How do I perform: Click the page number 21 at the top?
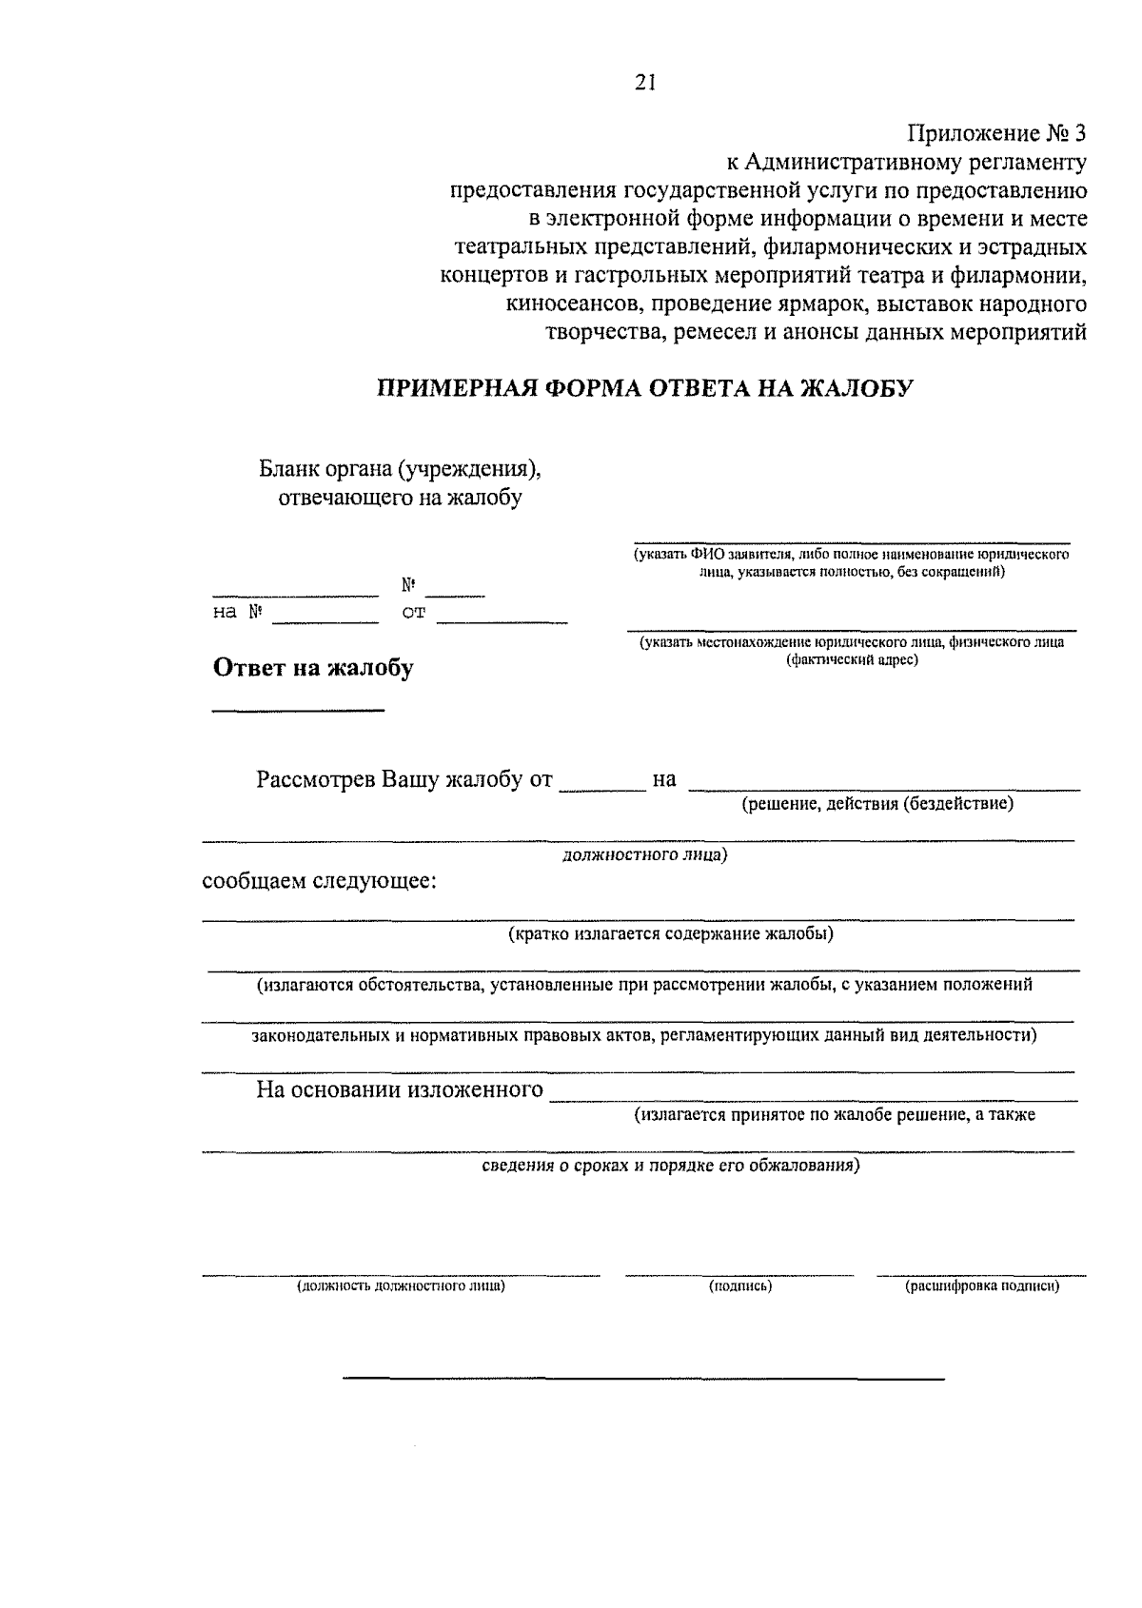[645, 84]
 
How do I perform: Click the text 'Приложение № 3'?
[995, 133]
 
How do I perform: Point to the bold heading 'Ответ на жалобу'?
[313, 668]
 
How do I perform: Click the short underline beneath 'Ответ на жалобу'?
[297, 711]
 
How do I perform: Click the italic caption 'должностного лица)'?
[644, 854]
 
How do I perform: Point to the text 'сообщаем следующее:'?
[320, 881]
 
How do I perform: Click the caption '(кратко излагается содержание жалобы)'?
[670, 933]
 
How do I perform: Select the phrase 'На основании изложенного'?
[400, 1090]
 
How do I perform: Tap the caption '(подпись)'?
[739, 1286]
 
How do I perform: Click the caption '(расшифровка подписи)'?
[981, 1286]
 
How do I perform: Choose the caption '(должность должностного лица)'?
[401, 1286]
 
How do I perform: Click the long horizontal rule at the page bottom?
[643, 1378]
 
